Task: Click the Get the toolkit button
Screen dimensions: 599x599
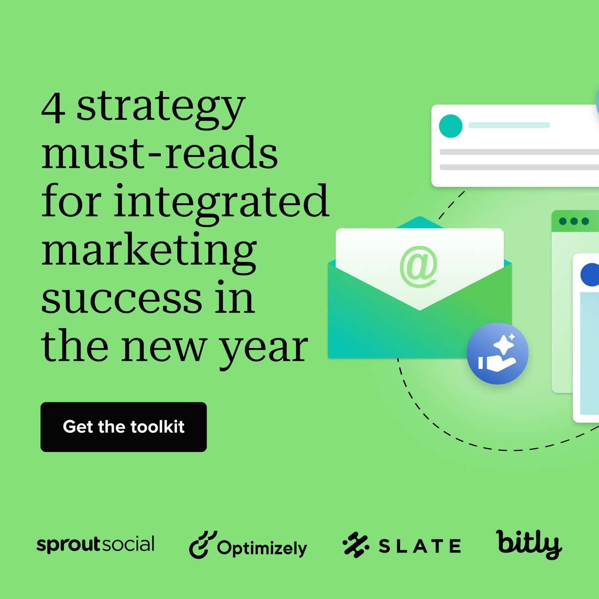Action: pos(123,427)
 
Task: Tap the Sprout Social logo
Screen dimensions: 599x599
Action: pos(95,545)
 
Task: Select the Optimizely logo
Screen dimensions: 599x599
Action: pos(248,546)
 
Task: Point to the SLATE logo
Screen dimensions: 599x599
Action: pos(401,546)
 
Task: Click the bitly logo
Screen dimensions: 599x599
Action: pos(529,544)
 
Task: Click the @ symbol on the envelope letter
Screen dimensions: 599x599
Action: pos(418,269)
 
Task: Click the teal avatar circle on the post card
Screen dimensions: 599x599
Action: pos(450,126)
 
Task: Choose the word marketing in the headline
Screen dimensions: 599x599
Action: pos(149,250)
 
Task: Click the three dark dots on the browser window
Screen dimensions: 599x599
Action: pos(574,221)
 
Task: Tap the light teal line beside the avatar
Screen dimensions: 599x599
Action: pos(509,125)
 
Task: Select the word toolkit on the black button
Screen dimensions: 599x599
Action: pos(157,427)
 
